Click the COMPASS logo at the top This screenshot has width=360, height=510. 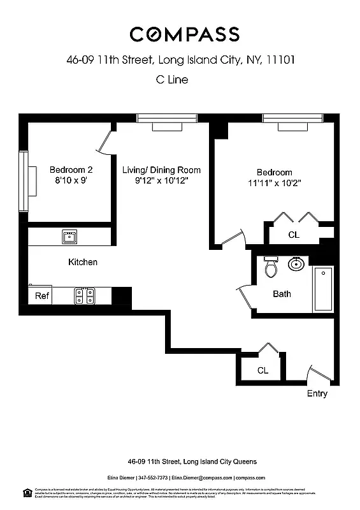(184, 34)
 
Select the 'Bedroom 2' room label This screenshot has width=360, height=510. (71, 170)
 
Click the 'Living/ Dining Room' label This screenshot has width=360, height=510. (161, 170)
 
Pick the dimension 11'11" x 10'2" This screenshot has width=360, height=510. (274, 183)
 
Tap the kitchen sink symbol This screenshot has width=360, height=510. (69, 237)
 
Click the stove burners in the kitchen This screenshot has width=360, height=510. (84, 296)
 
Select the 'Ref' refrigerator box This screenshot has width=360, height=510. (41, 296)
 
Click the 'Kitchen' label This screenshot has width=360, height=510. (83, 262)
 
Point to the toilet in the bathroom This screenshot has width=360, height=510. (271, 268)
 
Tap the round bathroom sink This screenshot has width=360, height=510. (296, 264)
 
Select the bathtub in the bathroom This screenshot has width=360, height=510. (323, 289)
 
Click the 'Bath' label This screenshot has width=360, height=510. (282, 294)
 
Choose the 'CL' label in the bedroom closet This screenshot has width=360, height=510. (293, 235)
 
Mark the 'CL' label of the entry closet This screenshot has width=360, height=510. (263, 370)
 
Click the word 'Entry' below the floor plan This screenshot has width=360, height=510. (317, 393)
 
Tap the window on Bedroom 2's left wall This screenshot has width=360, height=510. (24, 182)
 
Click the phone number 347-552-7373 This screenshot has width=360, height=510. (153, 477)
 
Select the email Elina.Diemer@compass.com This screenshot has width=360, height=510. (201, 477)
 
